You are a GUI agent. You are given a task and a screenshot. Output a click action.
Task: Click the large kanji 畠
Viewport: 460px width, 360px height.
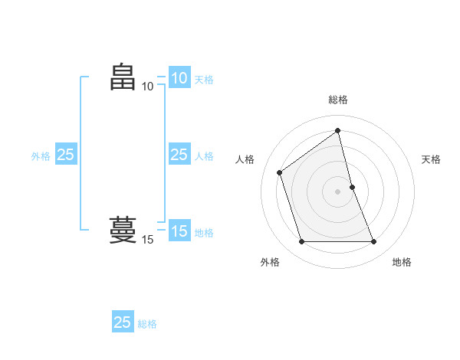pyautogui.click(x=123, y=77)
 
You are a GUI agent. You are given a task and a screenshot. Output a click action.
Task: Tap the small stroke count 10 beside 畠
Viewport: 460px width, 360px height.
pyautogui.click(x=147, y=86)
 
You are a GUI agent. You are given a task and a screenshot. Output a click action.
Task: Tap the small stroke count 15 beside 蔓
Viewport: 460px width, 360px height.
pyautogui.click(x=147, y=240)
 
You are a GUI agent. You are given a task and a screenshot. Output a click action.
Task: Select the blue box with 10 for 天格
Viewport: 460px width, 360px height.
pyautogui.click(x=179, y=78)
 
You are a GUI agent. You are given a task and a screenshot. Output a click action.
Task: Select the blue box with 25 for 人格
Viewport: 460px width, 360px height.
pyautogui.click(x=179, y=155)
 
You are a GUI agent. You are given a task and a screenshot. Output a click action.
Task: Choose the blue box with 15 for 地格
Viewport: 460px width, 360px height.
pyautogui.click(x=179, y=231)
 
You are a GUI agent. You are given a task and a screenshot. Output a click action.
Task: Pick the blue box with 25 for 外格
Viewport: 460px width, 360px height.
pyautogui.click(x=66, y=155)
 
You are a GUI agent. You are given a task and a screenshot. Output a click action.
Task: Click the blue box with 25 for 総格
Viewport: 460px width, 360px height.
pyautogui.click(x=123, y=322)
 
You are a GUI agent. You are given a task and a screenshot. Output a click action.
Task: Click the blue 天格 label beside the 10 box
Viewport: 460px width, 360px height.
pyautogui.click(x=204, y=80)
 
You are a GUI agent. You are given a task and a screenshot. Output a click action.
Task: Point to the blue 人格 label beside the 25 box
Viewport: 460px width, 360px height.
pyautogui.click(x=204, y=156)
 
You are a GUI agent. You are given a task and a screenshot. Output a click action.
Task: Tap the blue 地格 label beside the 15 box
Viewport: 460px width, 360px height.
pyautogui.click(x=204, y=233)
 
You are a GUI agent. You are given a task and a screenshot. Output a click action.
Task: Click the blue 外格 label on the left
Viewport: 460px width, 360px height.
pyautogui.click(x=41, y=156)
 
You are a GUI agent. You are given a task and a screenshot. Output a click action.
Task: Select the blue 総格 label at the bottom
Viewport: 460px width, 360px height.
pyautogui.click(x=148, y=324)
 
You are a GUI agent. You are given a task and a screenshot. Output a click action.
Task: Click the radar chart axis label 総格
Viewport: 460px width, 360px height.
pyautogui.click(x=338, y=100)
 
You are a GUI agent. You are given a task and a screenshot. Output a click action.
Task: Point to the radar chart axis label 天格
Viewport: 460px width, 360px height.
pyautogui.click(x=432, y=159)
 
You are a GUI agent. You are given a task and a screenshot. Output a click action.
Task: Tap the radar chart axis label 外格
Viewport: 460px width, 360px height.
pyautogui.click(x=270, y=262)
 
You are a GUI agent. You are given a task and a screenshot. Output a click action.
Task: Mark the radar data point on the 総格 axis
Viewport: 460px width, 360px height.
pyautogui.click(x=338, y=130)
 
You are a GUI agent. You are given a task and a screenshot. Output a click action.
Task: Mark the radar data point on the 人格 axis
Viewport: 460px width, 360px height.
pyautogui.click(x=280, y=172)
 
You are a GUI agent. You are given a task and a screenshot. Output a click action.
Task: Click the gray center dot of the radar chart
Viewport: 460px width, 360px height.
pyautogui.click(x=338, y=191)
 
